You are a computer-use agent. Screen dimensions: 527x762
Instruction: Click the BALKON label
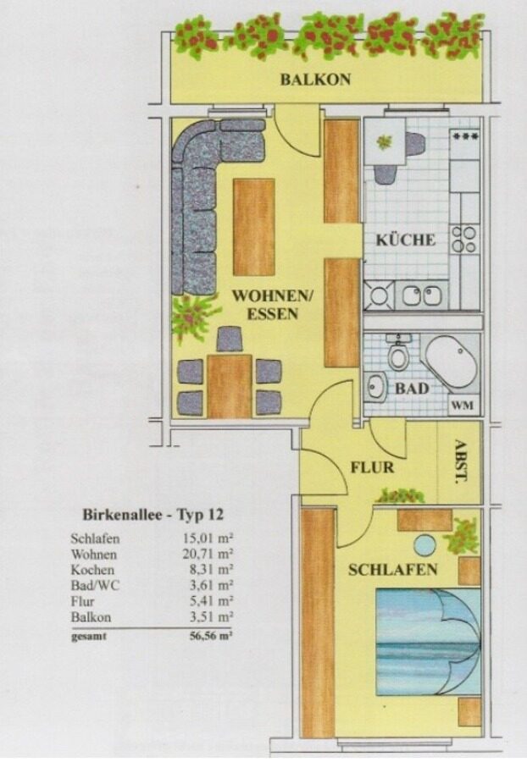[315, 80]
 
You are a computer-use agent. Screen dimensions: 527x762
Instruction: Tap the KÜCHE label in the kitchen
[406, 240]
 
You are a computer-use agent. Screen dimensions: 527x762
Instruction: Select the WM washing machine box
[463, 405]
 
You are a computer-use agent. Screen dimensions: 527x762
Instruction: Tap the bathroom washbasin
[376, 388]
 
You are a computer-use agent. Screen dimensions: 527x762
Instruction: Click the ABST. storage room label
[460, 461]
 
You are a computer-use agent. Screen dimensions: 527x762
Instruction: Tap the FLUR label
[373, 467]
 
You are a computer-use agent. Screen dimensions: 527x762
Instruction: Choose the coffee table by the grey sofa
[254, 228]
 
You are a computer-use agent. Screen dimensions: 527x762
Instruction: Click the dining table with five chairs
[230, 386]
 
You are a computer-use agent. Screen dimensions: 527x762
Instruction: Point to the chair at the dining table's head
[229, 340]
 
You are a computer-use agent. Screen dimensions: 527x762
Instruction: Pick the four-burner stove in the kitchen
[463, 239]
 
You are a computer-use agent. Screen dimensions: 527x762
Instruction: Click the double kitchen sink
[422, 295]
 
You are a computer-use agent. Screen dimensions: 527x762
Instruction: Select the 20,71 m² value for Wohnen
[208, 554]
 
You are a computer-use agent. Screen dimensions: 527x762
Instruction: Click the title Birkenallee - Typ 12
[153, 514]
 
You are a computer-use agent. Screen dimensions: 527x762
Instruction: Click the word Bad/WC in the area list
[95, 585]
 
